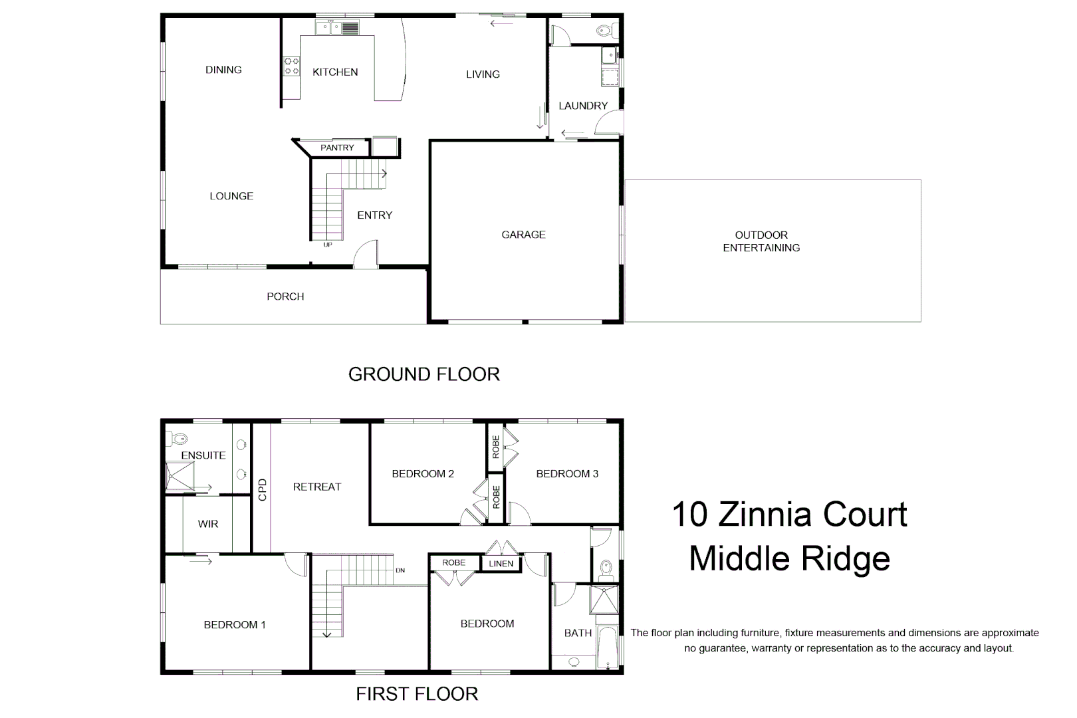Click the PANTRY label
pos(337,148)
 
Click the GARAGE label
pos(523,235)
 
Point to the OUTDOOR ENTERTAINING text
pos(761,241)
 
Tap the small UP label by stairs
pos(327,245)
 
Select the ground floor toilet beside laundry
pos(603,31)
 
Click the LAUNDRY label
pos(583,106)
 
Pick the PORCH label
pos(285,297)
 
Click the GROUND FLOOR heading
pos(423,374)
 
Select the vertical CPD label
pos(262,490)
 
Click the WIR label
pos(208,524)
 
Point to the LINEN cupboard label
pos(501,564)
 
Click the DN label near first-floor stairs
pos(400,570)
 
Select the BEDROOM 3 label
pos(567,474)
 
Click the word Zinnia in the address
pos(790,515)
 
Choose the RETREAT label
pos(316,487)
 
